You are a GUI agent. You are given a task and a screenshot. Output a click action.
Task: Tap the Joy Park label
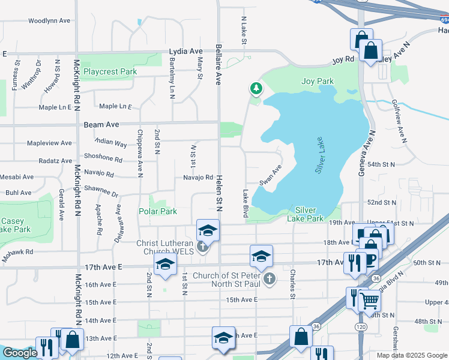point(318,81)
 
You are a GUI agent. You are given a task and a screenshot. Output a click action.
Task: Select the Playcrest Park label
point(110,71)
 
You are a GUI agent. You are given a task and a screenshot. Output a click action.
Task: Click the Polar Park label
point(158,211)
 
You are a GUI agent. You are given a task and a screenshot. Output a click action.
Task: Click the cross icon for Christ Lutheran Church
point(203,246)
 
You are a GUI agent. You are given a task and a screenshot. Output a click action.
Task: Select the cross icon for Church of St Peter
point(270,278)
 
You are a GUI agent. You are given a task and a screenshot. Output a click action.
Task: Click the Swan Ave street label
point(271,175)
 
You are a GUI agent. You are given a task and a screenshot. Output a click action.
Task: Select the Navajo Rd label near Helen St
point(198,177)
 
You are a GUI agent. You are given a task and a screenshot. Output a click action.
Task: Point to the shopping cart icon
point(370,300)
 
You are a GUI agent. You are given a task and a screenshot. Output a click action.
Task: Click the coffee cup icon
point(370,259)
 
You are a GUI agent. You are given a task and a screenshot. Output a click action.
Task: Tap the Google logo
point(20,353)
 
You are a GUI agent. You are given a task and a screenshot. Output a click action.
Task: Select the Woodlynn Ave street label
point(50,20)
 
